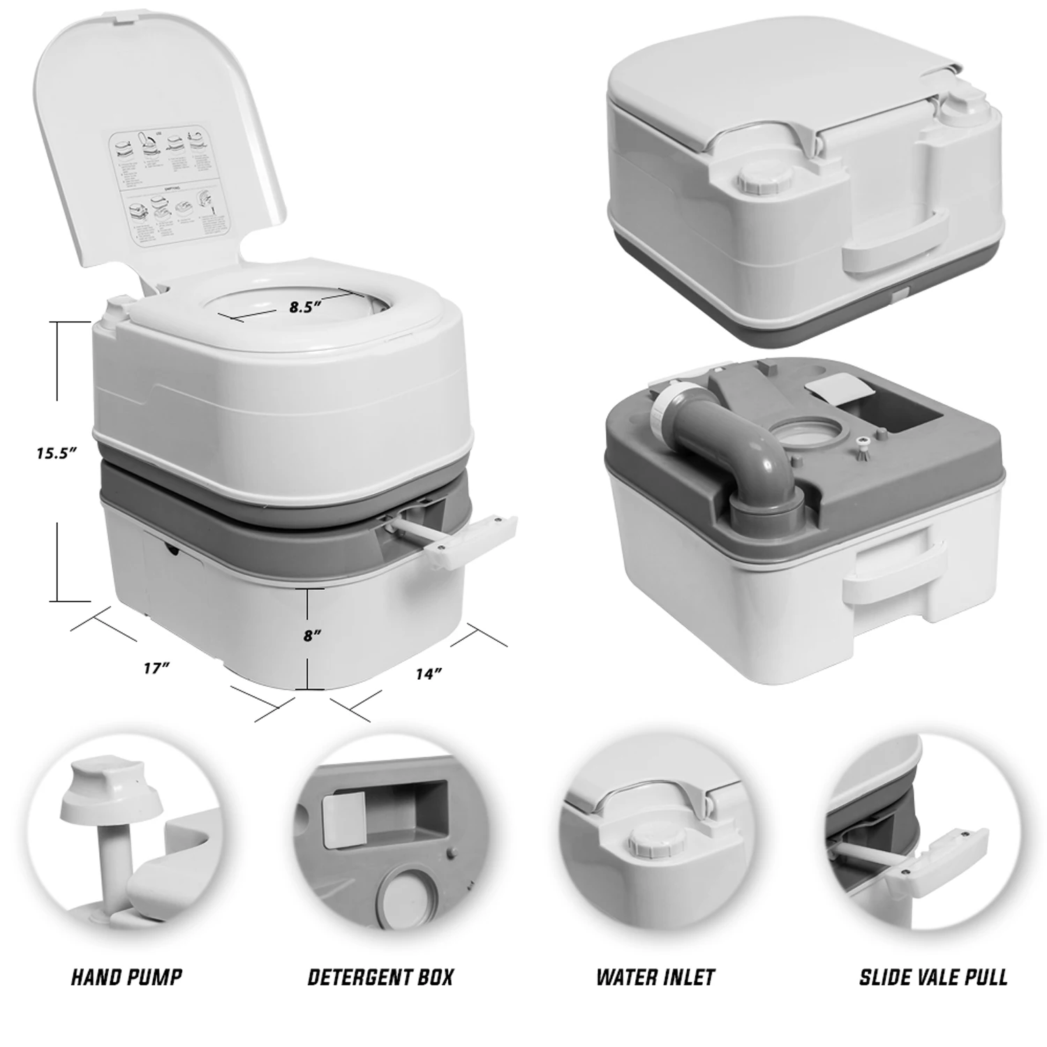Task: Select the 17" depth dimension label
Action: [x=157, y=668]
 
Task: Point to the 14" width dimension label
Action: [x=429, y=674]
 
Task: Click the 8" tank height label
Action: [x=311, y=635]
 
